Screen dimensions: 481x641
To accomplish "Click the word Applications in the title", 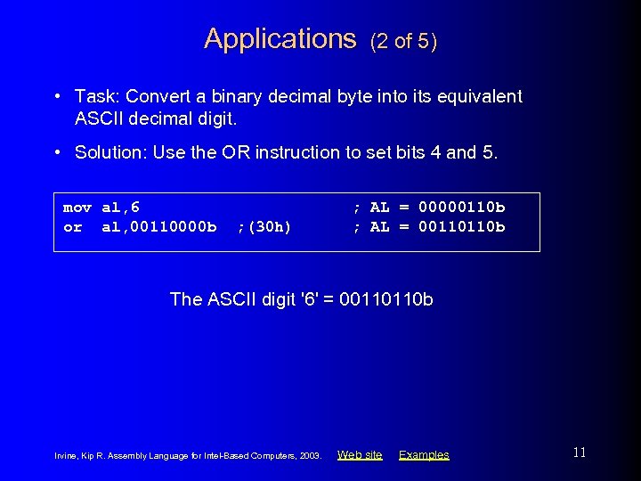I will pos(280,38).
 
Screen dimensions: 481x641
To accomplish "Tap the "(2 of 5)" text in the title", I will pos(403,41).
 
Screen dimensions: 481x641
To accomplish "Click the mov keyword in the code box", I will pos(77,208).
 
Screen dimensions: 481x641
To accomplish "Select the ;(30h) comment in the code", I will pos(264,227).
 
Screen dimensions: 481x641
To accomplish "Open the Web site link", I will pos(360,455).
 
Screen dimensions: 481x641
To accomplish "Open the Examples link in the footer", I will pos(424,455).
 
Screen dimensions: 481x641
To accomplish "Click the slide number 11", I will pos(580,452).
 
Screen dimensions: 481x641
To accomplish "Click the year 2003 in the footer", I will pos(310,456).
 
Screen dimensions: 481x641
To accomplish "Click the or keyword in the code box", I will pos(72,227).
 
